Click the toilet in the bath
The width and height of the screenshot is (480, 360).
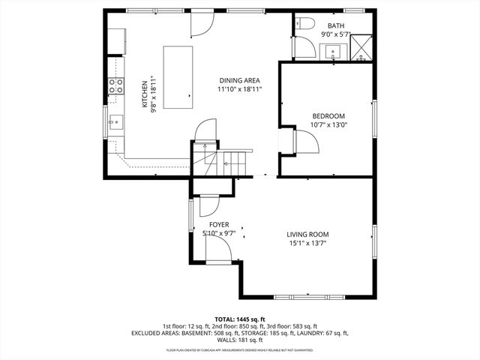(x=304, y=24)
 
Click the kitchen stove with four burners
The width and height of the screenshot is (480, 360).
(x=116, y=86)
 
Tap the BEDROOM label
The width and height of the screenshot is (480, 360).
(x=328, y=115)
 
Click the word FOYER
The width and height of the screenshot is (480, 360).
(x=219, y=224)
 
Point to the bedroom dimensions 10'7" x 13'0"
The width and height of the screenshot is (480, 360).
(x=328, y=125)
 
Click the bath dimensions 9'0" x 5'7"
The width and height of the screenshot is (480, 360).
(x=337, y=34)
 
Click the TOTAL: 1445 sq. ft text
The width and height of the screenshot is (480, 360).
(x=240, y=319)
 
